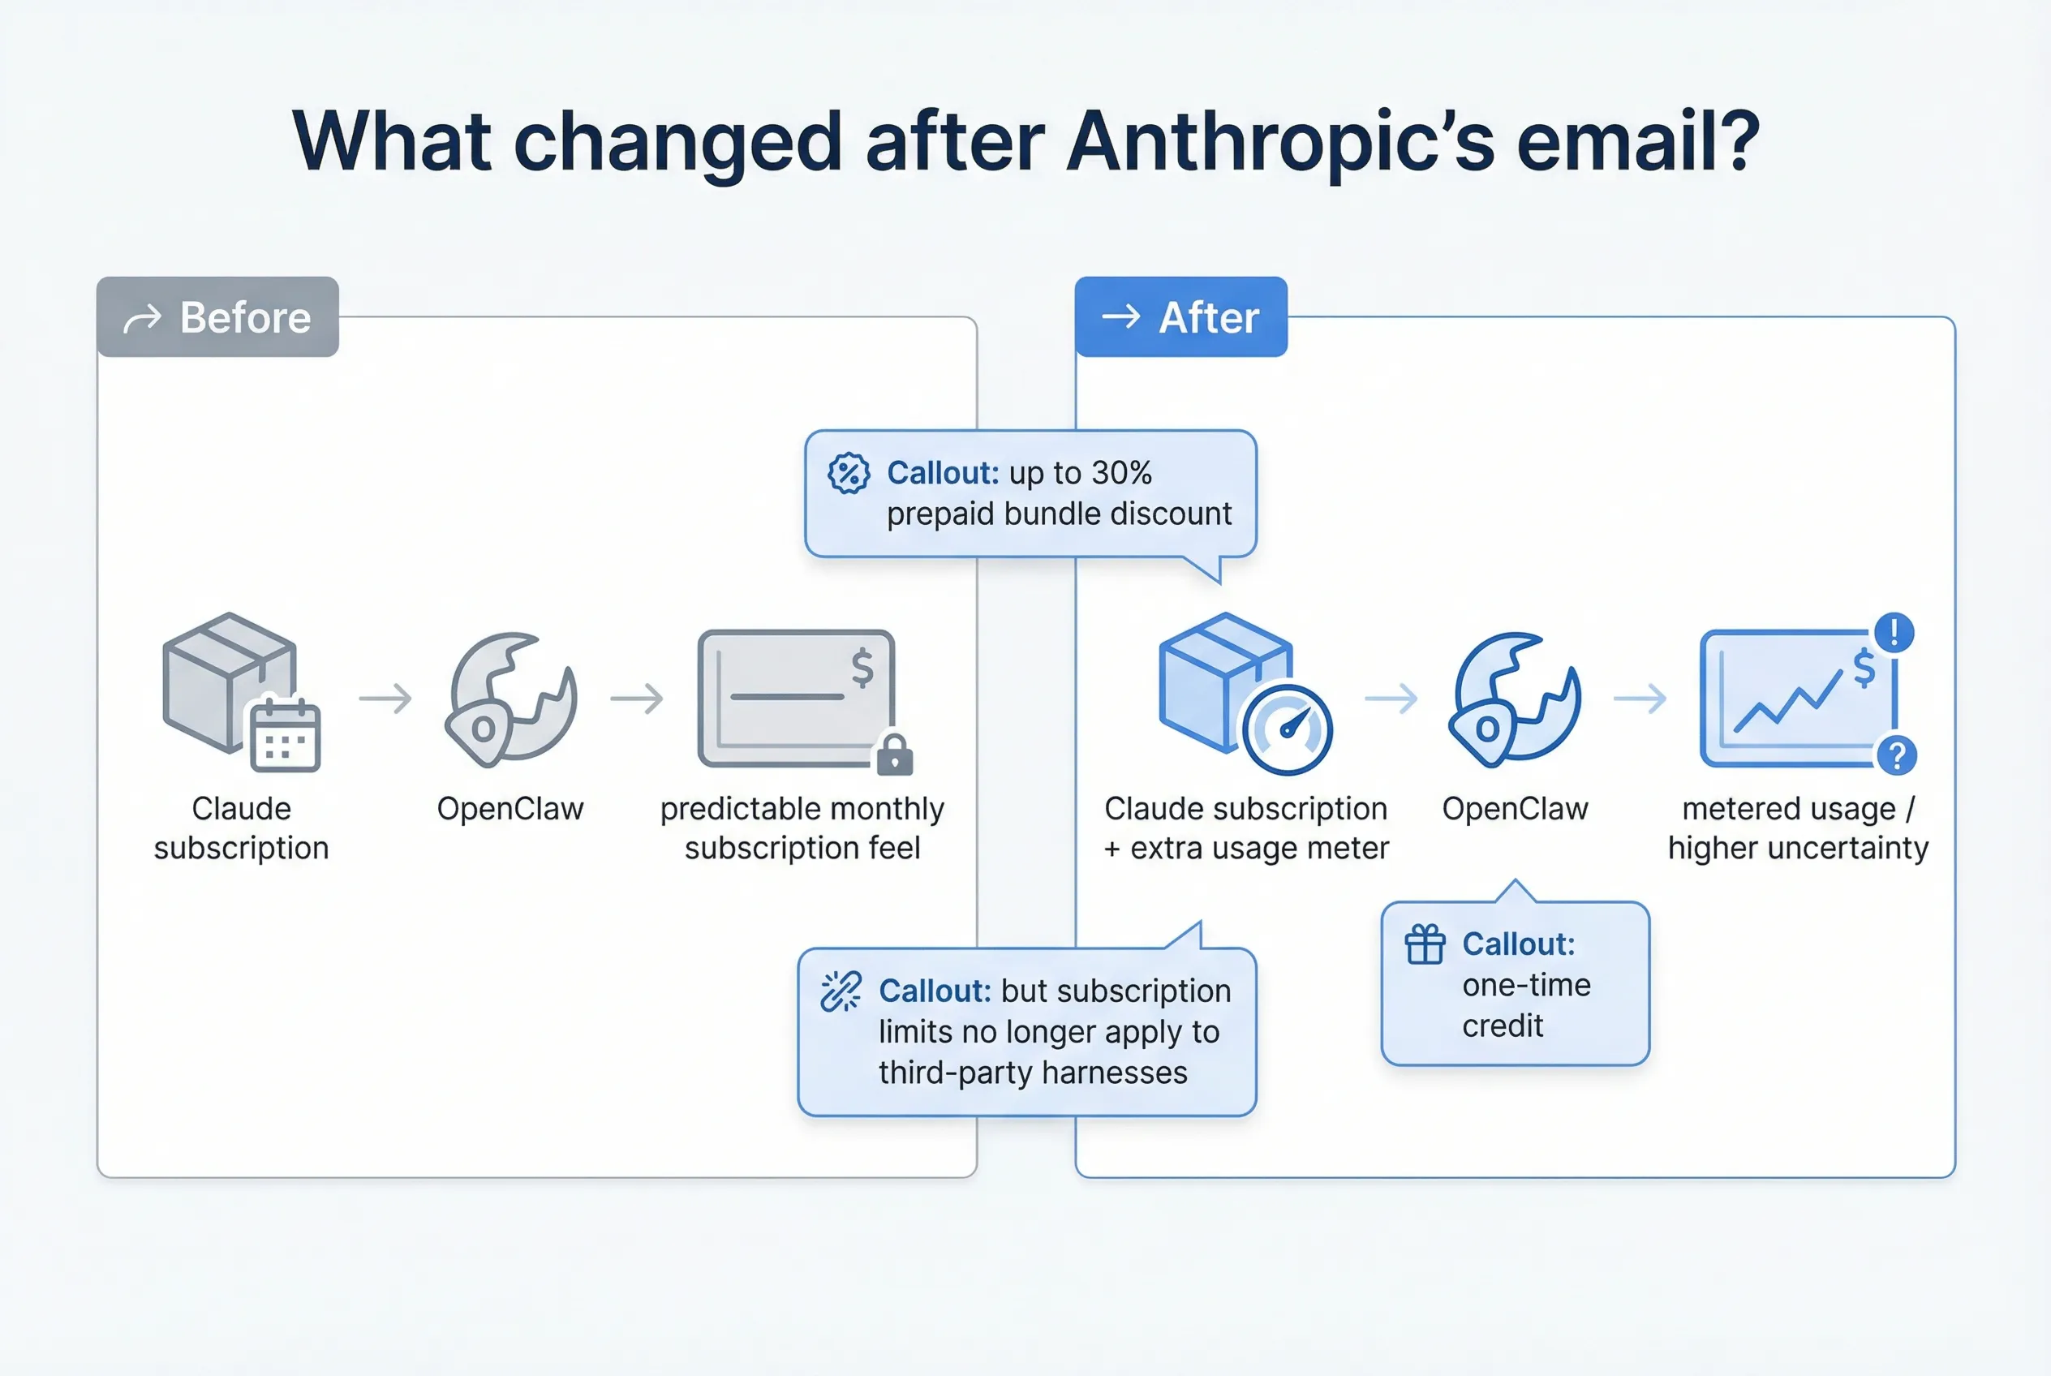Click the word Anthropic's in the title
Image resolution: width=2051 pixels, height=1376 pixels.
[1280, 143]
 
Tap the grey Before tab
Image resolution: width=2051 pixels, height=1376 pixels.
[217, 316]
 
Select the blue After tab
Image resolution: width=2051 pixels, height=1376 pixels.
[1180, 316]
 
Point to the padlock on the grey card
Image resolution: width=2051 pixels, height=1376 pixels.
[895, 754]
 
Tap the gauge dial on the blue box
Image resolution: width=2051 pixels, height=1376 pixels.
[1288, 730]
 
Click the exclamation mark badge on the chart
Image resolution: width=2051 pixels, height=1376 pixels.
[1894, 632]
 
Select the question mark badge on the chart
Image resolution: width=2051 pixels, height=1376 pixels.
[1897, 755]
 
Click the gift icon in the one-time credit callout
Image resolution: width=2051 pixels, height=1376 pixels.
[1425, 944]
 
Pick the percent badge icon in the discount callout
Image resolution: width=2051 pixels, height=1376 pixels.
[849, 474]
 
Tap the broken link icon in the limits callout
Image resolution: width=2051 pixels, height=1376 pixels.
[841, 991]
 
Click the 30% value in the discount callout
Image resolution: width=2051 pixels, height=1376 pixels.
[1121, 473]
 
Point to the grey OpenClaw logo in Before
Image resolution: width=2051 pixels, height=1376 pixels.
[511, 699]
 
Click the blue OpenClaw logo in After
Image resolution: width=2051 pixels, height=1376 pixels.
[1515, 699]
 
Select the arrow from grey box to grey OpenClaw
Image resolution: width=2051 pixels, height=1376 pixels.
[385, 699]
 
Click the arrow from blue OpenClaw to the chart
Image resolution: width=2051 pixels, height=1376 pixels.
[1640, 699]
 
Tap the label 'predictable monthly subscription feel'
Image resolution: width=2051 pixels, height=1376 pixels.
[802, 828]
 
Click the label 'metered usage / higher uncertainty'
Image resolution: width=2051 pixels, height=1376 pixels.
[1798, 828]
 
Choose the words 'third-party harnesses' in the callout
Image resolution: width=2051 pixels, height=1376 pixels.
[1033, 1073]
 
